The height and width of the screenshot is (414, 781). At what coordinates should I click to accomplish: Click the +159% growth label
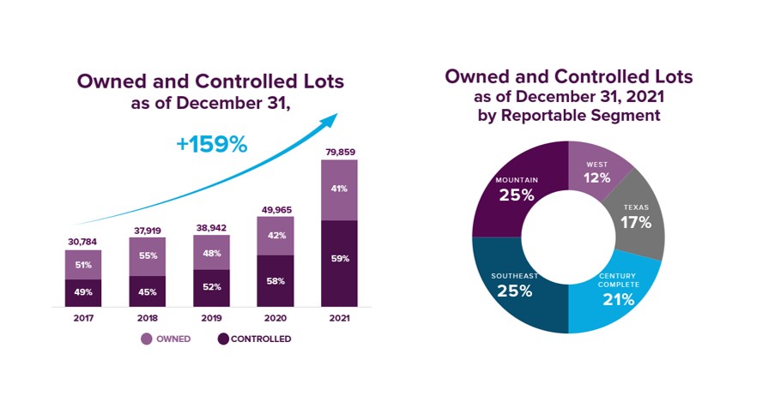coord(212,144)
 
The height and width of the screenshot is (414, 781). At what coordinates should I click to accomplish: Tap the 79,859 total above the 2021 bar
coord(340,153)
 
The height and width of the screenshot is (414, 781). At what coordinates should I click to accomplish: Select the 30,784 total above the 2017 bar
coord(82,242)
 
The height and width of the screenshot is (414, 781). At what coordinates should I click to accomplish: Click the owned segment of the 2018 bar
coord(148,257)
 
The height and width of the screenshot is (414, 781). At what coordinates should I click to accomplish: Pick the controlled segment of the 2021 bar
coord(339,264)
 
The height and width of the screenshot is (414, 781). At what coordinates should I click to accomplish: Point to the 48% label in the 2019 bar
coord(212,253)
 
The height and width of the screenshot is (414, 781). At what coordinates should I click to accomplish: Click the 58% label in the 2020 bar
coord(275,281)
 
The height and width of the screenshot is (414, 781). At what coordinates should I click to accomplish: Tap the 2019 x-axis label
coord(212,318)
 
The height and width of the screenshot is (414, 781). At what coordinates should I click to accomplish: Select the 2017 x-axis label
coord(83,318)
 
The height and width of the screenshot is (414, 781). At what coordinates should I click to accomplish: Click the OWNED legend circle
coord(147,339)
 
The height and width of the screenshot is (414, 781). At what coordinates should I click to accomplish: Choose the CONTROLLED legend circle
coord(223,339)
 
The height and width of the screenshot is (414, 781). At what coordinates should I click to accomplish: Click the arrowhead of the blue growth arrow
coord(330,120)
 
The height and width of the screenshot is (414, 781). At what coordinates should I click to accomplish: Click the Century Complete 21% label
coord(619,289)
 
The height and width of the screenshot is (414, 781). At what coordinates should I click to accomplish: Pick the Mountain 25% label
coord(517,189)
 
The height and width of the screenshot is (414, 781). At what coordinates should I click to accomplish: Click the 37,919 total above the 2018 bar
coord(148,231)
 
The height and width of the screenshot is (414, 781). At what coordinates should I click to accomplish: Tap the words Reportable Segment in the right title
coord(581,116)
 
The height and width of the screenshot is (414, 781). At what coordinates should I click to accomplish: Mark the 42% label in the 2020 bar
coord(276,236)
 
